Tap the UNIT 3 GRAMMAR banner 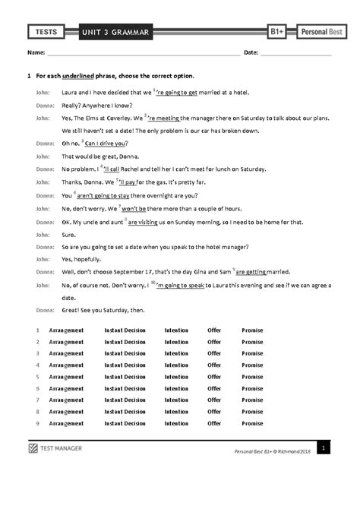tap(120, 31)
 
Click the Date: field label tap(251, 54)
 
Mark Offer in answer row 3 tap(214, 353)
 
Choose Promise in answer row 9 tap(252, 423)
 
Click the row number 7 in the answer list tap(37, 400)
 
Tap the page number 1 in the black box tap(323, 450)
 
